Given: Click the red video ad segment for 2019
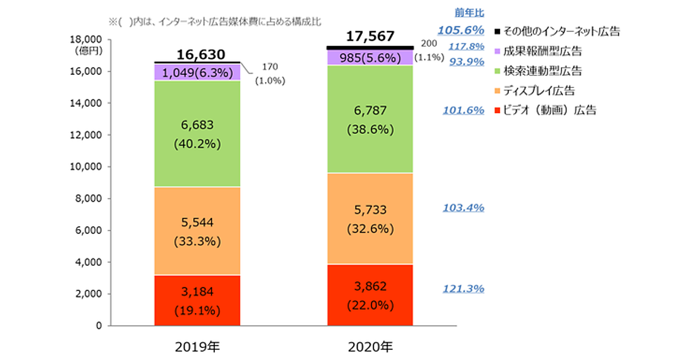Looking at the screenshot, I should click(x=197, y=301).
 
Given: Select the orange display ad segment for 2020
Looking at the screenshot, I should click(x=370, y=219).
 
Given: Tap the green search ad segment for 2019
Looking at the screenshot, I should click(x=197, y=134).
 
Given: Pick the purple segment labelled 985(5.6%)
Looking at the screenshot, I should click(x=370, y=57).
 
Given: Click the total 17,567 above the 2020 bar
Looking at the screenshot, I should click(x=370, y=37).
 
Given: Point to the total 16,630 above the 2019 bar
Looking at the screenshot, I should click(x=197, y=54).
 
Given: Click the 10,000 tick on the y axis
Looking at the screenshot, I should click(x=86, y=167).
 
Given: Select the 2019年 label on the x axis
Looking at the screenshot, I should click(x=197, y=346).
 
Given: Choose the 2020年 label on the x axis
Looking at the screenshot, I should click(x=370, y=346).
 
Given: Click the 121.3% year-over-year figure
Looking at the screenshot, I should click(x=463, y=289).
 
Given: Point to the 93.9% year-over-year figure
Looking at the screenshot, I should click(x=467, y=62).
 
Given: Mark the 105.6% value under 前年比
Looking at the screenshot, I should click(x=461, y=30).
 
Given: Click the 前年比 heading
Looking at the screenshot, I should click(x=470, y=12).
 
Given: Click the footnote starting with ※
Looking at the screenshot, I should click(x=214, y=21).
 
